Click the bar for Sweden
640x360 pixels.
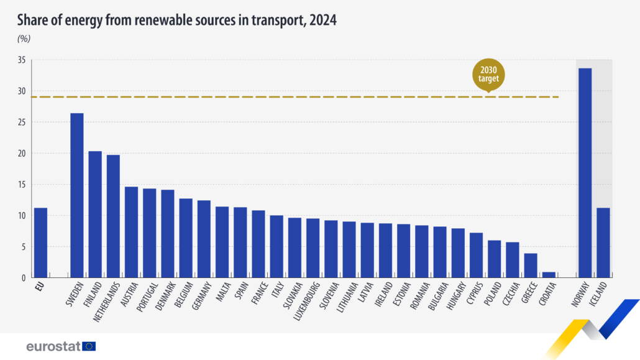click(76, 195)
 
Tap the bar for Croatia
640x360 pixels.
click(548, 274)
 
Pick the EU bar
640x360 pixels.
click(40, 242)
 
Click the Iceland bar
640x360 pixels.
click(603, 242)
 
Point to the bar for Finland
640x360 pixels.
click(95, 214)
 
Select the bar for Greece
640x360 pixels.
click(530, 265)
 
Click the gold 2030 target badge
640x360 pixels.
click(488, 75)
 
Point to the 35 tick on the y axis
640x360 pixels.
click(21, 60)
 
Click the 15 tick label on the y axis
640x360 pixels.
click(21, 185)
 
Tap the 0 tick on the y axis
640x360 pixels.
click(24, 278)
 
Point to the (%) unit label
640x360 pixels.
click(24, 39)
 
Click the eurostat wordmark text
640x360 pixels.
click(53, 346)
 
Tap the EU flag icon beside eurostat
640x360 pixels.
click(89, 346)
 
